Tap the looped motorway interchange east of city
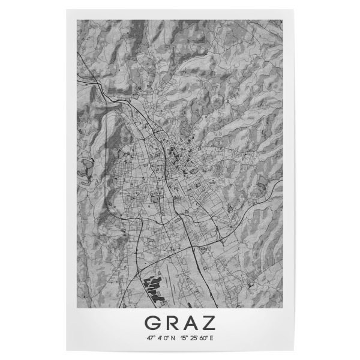[x=222, y=240]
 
